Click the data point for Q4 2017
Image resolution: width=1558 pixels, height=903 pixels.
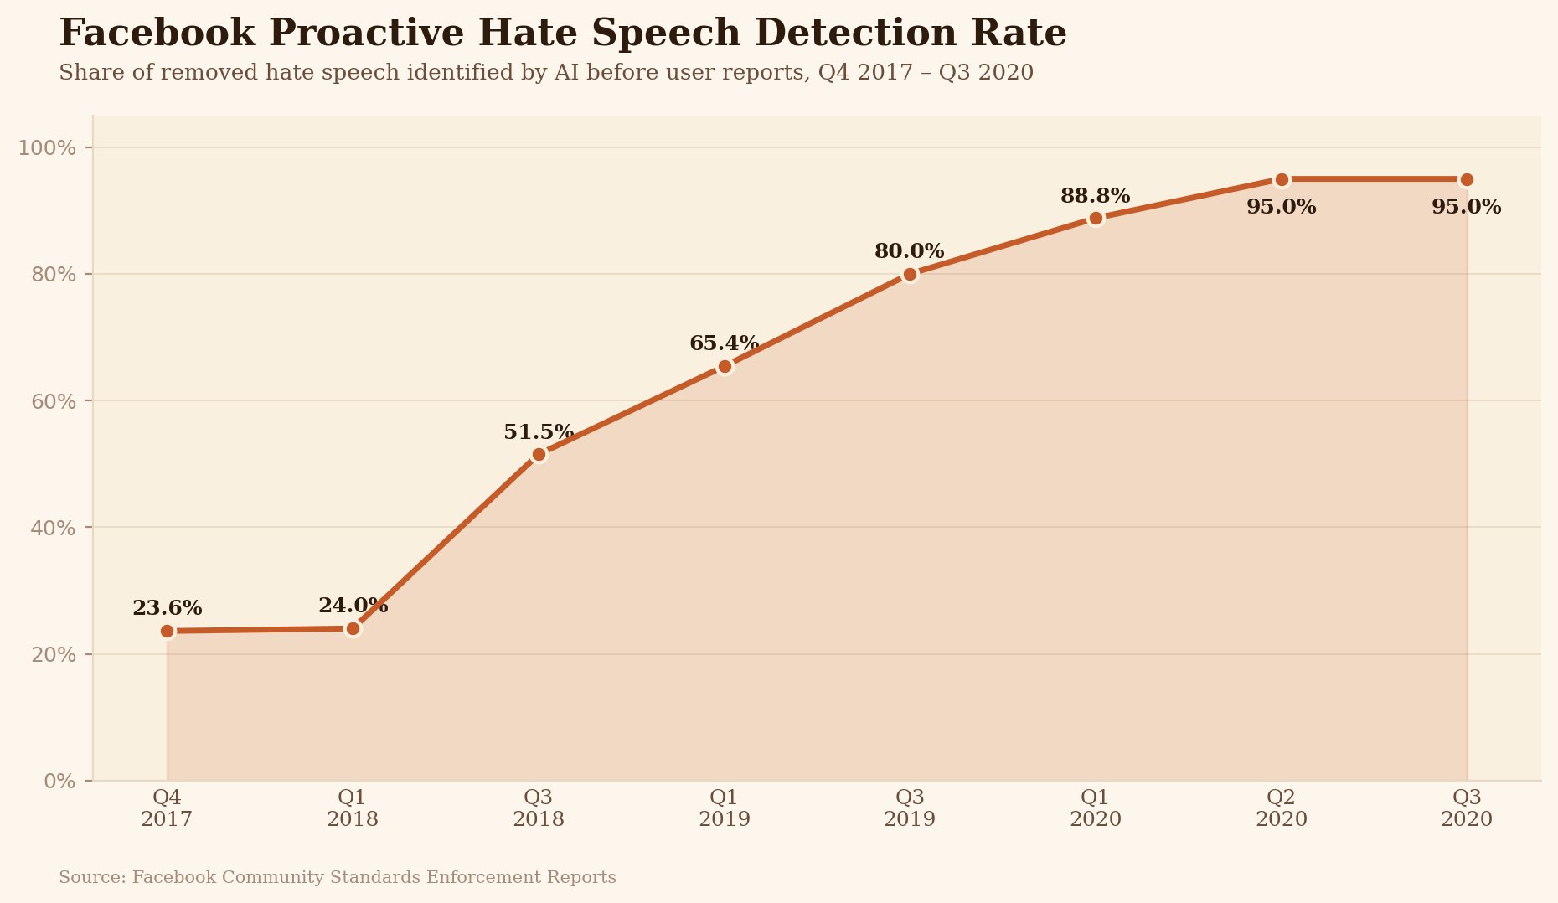pos(167,631)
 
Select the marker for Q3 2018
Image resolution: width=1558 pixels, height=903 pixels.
pos(539,454)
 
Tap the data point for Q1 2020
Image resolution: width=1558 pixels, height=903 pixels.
pos(1096,219)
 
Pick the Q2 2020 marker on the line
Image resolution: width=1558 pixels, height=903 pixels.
pos(1282,179)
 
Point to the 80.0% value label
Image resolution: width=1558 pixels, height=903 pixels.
pos(910,251)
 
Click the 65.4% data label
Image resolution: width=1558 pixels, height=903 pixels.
pos(724,343)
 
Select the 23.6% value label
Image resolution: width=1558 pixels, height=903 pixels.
pos(167,609)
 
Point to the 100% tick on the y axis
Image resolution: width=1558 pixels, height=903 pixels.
pos(48,148)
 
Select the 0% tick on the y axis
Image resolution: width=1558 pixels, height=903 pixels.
pos(59,782)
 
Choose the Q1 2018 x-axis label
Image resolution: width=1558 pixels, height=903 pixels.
pos(353,808)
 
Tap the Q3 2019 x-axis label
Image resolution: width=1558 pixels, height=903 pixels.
pos(910,808)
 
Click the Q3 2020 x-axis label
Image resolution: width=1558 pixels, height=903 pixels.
pos(1467,808)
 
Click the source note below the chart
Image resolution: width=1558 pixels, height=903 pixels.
pos(338,878)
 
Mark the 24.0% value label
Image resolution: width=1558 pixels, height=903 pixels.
pos(353,606)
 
